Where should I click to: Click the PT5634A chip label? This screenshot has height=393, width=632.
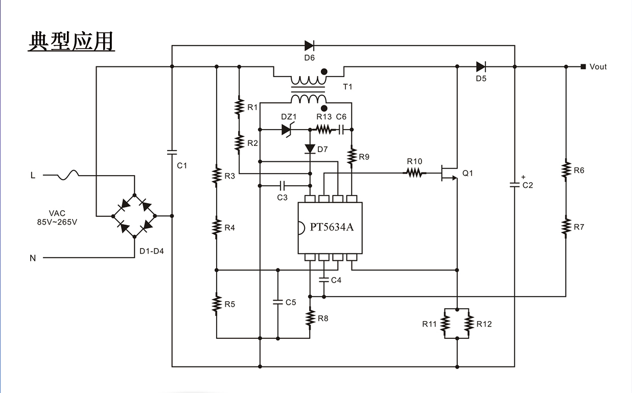332,227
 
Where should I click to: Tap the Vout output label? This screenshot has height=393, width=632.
598,67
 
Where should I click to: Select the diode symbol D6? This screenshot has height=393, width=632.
309,45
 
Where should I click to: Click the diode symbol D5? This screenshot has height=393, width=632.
481,66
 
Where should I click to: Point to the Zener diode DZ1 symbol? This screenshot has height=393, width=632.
288,130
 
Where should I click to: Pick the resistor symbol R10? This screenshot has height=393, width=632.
414,173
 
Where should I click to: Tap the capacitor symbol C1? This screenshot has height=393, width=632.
172,152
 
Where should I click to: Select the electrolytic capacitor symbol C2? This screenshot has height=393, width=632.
514,185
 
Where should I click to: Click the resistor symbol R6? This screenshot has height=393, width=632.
566,170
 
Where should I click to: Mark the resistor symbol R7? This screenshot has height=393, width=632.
566,227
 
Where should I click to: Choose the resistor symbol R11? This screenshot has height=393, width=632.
445,323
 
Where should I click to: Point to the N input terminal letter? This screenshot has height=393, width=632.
33,258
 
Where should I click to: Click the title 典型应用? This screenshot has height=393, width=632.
71,41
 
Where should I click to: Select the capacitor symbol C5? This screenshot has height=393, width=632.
278,302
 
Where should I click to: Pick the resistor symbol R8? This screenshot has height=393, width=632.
310,318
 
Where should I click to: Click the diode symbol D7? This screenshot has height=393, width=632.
310,149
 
